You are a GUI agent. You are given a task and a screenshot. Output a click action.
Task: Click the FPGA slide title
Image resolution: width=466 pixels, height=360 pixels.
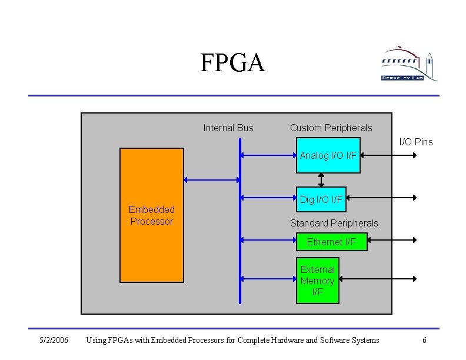tap(232, 63)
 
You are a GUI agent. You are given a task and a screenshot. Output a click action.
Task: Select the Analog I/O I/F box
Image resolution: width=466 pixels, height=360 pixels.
tap(328, 155)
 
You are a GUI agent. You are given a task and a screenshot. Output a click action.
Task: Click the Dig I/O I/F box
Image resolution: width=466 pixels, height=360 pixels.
tap(321, 199)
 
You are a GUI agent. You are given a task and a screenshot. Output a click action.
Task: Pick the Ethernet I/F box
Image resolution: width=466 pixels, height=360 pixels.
tap(331, 242)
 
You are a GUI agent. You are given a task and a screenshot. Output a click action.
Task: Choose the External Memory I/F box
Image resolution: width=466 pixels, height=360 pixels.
tap(317, 281)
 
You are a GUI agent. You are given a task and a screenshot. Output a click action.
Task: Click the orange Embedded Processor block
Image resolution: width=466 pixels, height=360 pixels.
tap(151, 215)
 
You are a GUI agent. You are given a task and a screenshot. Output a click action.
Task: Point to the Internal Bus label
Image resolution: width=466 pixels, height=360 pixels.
tap(228, 128)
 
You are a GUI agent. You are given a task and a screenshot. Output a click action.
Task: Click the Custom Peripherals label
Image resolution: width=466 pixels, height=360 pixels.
tap(331, 128)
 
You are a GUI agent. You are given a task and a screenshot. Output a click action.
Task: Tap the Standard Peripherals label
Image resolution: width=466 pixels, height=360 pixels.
tap(334, 223)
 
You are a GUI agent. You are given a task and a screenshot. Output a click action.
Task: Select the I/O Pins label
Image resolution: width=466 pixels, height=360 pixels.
tap(416, 142)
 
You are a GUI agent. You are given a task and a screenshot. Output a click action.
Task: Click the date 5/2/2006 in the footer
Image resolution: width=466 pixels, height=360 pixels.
tap(54, 340)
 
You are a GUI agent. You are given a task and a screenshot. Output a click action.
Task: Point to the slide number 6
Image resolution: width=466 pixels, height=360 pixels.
tap(424, 340)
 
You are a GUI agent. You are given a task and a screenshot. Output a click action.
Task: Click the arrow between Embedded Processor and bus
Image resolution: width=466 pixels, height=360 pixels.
tap(212, 179)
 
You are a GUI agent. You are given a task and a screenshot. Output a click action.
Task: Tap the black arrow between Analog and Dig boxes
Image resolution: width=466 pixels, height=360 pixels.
tap(321, 179)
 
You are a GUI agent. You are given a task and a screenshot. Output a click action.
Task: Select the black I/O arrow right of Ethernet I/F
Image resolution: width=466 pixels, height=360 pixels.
tap(392, 240)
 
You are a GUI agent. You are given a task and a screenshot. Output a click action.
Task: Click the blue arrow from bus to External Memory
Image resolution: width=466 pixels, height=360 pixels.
tap(268, 279)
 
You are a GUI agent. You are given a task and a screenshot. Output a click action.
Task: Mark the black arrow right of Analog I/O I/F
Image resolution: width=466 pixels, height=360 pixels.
tap(388, 155)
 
